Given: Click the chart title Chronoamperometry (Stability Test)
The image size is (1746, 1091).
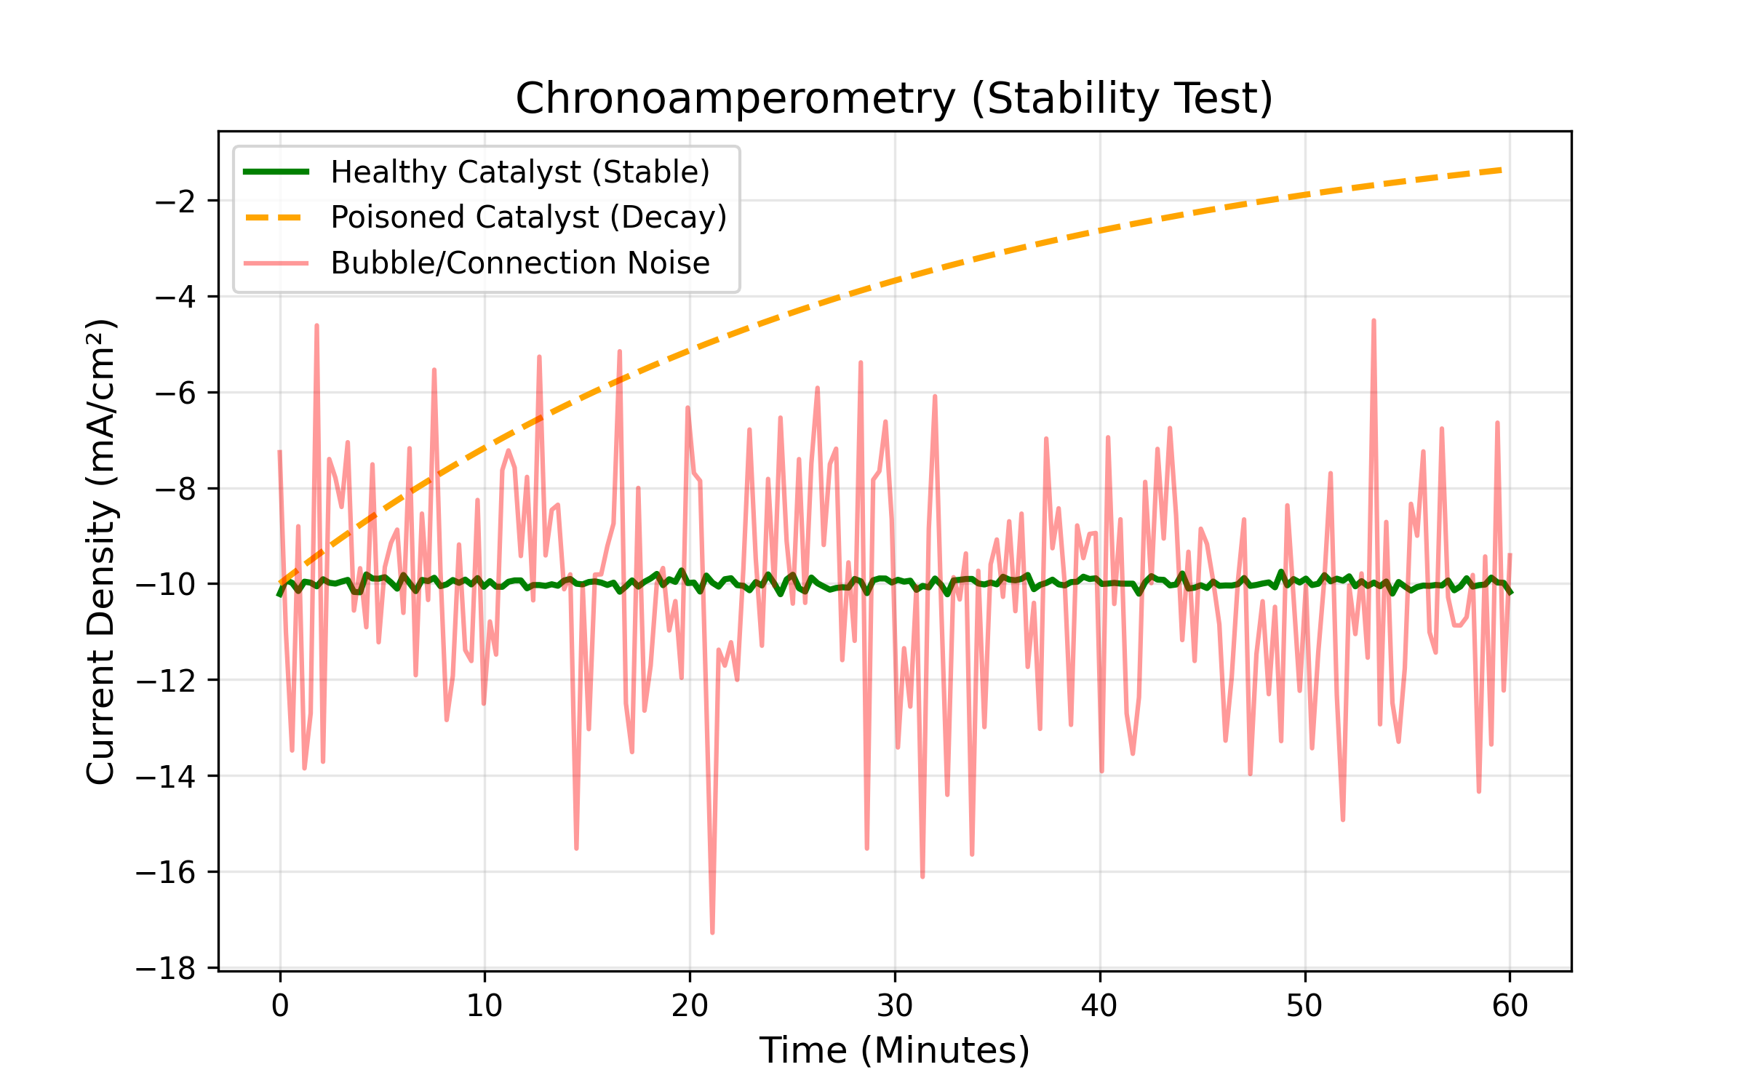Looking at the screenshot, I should point(894,99).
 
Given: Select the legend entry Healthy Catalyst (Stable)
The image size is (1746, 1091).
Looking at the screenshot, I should point(519,172).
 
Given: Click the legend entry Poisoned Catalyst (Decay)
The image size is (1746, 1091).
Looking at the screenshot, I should point(528,217).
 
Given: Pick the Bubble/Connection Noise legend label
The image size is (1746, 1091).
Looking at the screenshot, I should point(519,263).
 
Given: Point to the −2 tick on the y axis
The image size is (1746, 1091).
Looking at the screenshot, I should point(175,201).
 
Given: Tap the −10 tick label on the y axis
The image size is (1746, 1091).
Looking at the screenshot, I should point(166,585).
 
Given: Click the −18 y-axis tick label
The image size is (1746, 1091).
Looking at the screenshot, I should point(166,969).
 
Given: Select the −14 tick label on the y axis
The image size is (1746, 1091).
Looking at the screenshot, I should point(166,777).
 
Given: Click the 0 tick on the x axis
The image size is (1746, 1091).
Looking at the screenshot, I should point(280,1006).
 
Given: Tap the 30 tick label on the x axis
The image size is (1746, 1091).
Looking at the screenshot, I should point(895,1006).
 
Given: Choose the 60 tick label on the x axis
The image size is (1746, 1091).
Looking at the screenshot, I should point(1510,1006).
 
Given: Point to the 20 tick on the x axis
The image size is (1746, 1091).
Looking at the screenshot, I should point(690,1006).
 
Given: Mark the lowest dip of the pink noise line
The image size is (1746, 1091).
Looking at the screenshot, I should point(712,932).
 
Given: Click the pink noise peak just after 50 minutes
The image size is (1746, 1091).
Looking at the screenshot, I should point(1374,321).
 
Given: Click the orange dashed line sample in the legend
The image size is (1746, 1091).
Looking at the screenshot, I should point(276,217).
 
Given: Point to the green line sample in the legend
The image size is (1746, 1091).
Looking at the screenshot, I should point(276,172).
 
